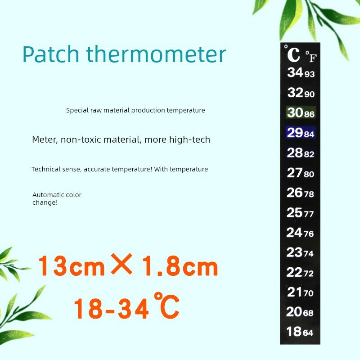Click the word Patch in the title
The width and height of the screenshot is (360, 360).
(x=51, y=54)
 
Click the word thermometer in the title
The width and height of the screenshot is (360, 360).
(x=156, y=54)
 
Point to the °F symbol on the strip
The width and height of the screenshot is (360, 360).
(x=311, y=57)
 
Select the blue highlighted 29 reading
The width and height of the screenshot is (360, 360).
(x=295, y=132)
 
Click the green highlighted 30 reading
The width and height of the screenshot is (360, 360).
(x=295, y=112)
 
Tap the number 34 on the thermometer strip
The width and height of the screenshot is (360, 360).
(x=295, y=72)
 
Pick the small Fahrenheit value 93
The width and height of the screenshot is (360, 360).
(x=310, y=74)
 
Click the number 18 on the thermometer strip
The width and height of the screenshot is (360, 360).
(x=294, y=332)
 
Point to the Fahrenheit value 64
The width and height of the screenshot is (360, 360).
(x=308, y=333)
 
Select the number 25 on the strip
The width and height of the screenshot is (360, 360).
(x=294, y=212)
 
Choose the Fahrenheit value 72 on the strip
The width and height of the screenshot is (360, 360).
(x=309, y=274)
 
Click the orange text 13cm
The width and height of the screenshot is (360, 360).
(x=72, y=266)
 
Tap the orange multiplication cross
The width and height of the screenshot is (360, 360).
(x=121, y=264)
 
